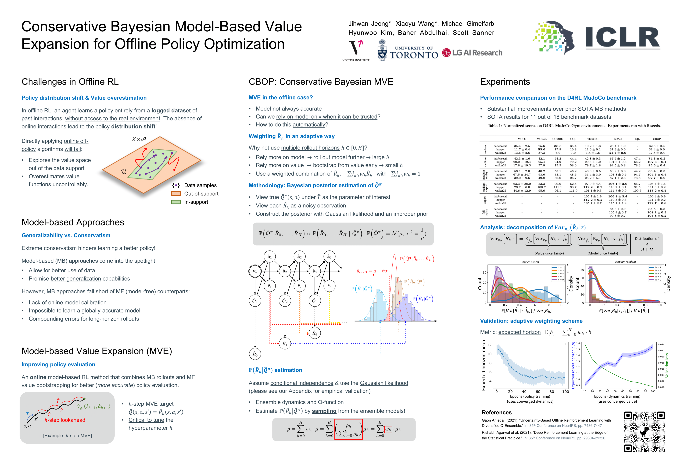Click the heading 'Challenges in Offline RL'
[x=70, y=82]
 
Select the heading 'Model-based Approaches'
[x=73, y=222]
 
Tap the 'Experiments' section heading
[x=505, y=82]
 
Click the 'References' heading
[x=497, y=412]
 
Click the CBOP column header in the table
[x=656, y=139]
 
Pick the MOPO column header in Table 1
[x=522, y=139]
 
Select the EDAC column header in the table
[x=617, y=139]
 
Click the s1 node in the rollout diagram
[x=255, y=271]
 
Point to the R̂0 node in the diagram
[x=255, y=354]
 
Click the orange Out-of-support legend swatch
[x=176, y=193]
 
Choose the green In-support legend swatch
[x=176, y=202]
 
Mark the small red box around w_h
[x=388, y=429]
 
